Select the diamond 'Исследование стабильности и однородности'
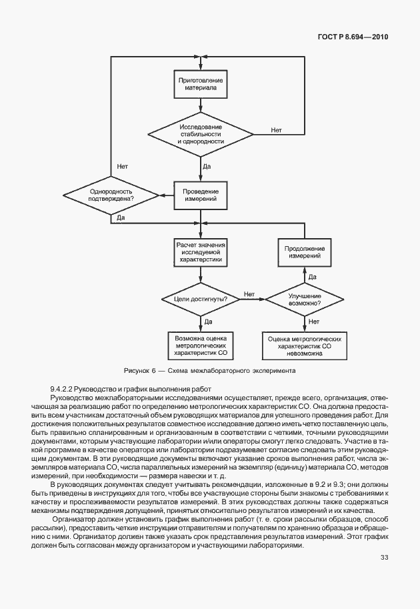tap(200, 133)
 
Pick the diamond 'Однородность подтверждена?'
tap(111, 195)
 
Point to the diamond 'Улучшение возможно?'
tap(304, 299)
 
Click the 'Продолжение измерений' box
tap(304, 251)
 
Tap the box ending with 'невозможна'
tap(304, 346)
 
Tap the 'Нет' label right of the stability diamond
tap(276, 129)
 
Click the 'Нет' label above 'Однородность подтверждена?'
tap(122, 165)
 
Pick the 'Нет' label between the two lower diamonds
tap(249, 293)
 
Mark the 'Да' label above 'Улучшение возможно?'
tap(312, 276)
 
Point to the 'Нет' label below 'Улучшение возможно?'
tap(313, 322)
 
